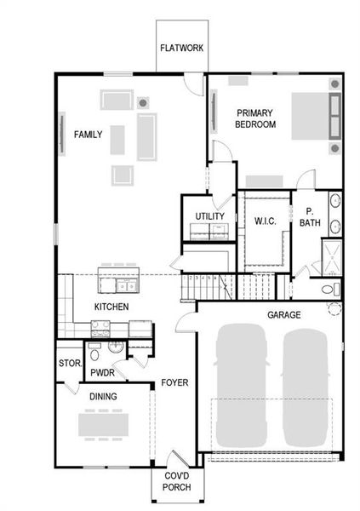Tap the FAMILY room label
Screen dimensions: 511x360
pos(89,135)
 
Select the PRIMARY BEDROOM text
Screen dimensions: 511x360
pos(256,118)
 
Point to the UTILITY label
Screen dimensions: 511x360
pos(209,216)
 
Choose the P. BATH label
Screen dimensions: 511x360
pos(310,217)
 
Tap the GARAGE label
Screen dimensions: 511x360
pos(284,314)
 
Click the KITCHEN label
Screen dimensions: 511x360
pos(111,306)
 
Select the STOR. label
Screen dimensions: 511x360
pos(69,364)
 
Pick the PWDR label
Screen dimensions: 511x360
pos(102,373)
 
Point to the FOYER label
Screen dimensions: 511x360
pos(174,383)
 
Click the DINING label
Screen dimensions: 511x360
pos(103,396)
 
